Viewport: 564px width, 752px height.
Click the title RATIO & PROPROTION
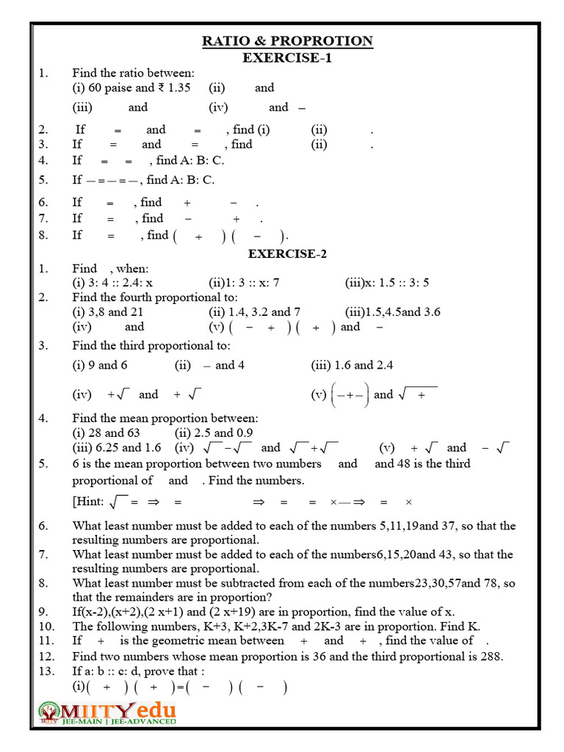(287, 41)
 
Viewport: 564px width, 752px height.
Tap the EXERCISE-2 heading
(287, 254)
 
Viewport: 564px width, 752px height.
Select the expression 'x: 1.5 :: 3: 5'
(387, 283)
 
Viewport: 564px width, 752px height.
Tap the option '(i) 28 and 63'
(106, 433)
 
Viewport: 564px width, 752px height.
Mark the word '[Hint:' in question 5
(88, 502)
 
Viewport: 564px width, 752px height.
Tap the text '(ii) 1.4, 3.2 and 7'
(254, 311)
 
